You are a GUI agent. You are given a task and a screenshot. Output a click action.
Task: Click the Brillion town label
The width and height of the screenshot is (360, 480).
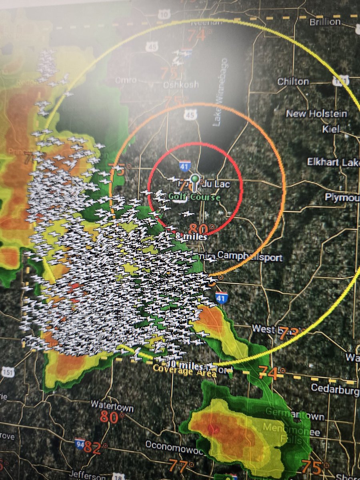pyautogui.click(x=325, y=22)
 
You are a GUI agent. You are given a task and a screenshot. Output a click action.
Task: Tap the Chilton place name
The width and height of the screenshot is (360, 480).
pyautogui.click(x=293, y=82)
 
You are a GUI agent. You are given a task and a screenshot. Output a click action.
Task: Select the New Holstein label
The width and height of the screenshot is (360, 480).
pyautogui.click(x=316, y=114)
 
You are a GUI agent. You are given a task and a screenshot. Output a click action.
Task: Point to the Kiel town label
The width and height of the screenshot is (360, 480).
pyautogui.click(x=331, y=129)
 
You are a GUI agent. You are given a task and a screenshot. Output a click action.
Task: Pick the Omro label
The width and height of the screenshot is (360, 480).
pyautogui.click(x=126, y=80)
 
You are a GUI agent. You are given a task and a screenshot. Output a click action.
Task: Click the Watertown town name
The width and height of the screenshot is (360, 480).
pyautogui.click(x=112, y=404)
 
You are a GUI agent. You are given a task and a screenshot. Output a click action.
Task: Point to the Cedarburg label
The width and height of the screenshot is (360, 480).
pyautogui.click(x=335, y=388)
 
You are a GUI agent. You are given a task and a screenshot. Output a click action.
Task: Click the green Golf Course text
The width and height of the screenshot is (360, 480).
pyautogui.click(x=194, y=197)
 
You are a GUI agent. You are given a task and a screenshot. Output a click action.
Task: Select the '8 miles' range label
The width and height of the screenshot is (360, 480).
pyautogui.click(x=191, y=237)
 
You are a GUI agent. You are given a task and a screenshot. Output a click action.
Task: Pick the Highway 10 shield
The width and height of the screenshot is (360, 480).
pyautogui.click(x=164, y=14)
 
